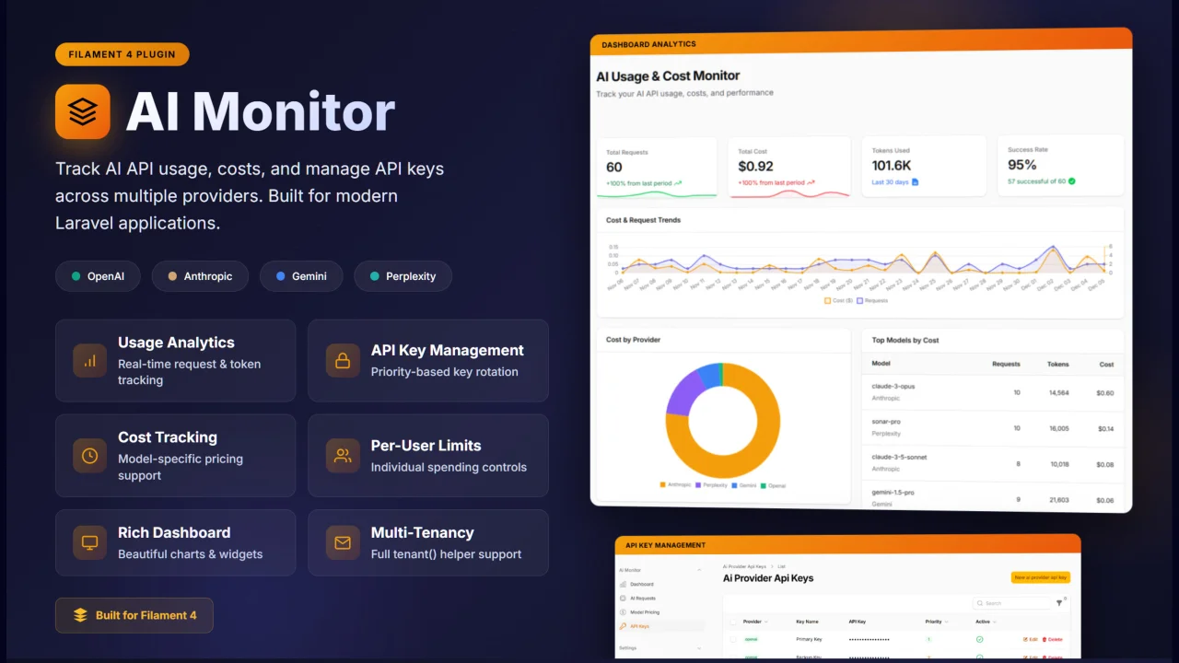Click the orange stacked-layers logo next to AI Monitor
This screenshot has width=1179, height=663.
coord(83,111)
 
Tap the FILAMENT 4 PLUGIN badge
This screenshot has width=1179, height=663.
coord(122,54)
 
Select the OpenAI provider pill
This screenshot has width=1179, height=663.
coord(97,276)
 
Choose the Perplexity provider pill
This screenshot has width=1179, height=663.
coord(403,276)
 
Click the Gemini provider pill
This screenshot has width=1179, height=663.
coord(300,276)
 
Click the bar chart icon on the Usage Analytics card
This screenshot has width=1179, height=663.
coord(90,361)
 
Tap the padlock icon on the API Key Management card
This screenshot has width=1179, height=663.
coord(343,361)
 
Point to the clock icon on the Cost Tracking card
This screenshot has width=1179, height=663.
coord(90,456)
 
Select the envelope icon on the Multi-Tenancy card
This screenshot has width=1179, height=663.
coord(343,543)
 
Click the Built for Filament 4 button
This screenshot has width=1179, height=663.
coord(134,615)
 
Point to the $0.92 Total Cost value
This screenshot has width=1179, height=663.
coord(755,167)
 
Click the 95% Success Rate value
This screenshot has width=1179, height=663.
coord(1022,165)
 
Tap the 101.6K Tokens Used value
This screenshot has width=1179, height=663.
coord(892,166)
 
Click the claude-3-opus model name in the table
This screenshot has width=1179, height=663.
coord(893,386)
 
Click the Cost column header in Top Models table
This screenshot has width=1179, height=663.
coord(1106,364)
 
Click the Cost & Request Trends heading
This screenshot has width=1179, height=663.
coord(643,220)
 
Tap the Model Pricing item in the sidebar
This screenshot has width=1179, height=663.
coord(645,612)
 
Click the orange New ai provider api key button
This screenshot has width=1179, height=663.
coord(1040,577)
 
